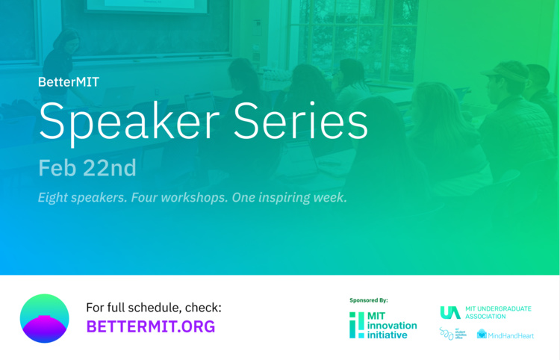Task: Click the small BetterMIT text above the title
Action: [x=68, y=81]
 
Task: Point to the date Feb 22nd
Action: [x=87, y=168]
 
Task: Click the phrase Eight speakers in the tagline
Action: [x=84, y=199]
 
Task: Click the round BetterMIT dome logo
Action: [x=44, y=318]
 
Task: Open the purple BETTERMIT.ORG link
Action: [x=150, y=326]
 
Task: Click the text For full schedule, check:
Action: [x=153, y=307]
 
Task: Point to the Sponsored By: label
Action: [x=368, y=300]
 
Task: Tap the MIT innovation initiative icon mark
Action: [x=357, y=325]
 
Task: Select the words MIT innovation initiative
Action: [x=392, y=326]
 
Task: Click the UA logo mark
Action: [x=449, y=312]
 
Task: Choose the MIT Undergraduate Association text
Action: [x=497, y=312]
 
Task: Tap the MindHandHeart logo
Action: [x=505, y=335]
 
